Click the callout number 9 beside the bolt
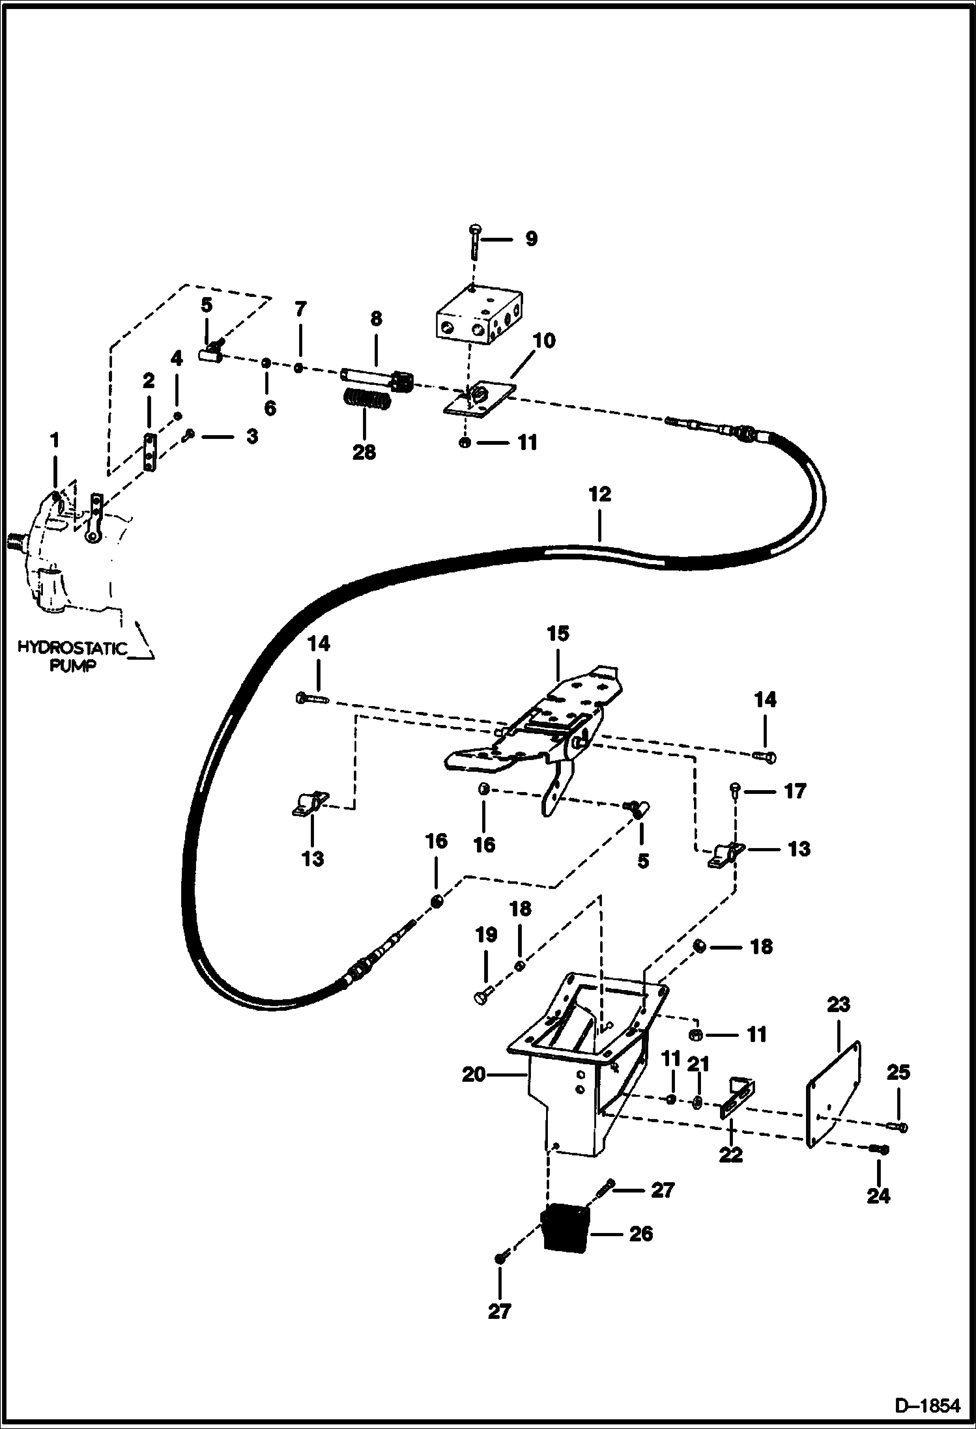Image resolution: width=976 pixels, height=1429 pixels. click(x=531, y=238)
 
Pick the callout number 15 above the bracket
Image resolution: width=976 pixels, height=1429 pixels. click(x=558, y=633)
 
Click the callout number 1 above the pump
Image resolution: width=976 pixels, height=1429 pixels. click(x=55, y=441)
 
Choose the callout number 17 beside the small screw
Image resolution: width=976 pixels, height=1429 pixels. click(x=794, y=791)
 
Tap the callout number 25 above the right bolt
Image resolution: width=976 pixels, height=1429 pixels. click(x=898, y=1072)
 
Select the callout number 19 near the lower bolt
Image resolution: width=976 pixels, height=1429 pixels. click(x=486, y=935)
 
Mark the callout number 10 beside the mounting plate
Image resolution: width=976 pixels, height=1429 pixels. click(x=544, y=340)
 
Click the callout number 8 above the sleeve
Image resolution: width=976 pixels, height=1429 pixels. click(x=376, y=318)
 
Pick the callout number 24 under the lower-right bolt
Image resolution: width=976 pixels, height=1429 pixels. click(x=878, y=1196)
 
